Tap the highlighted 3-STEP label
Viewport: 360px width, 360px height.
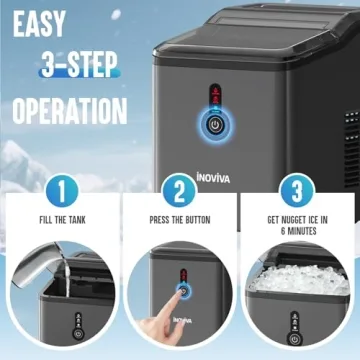80,67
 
